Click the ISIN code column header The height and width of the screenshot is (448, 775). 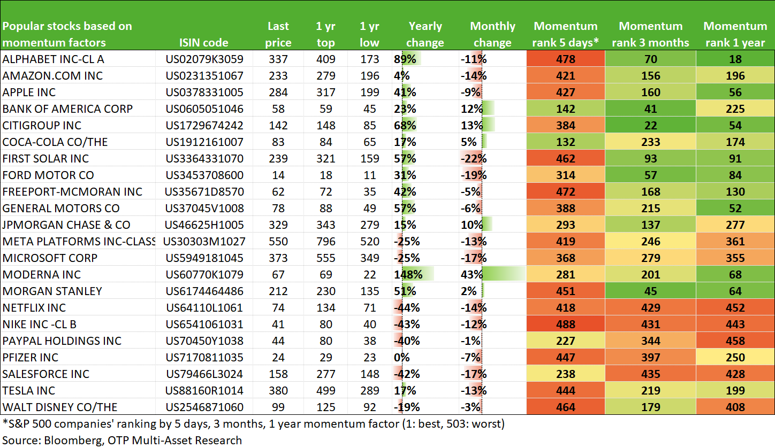(203, 43)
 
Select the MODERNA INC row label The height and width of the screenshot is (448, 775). (42, 274)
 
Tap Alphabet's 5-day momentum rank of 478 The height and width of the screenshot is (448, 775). (566, 59)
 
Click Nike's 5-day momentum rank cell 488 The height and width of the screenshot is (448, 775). (566, 325)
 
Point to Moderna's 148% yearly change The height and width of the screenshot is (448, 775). (408, 274)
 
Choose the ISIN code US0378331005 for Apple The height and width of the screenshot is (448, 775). (204, 92)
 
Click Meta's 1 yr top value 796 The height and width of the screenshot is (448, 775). (325, 241)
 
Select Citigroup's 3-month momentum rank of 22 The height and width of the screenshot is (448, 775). (650, 126)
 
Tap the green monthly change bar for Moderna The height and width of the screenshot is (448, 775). (504, 274)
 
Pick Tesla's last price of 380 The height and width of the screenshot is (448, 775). (278, 391)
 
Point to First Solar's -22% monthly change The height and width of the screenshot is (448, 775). (474, 159)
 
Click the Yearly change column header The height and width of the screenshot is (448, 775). (425, 34)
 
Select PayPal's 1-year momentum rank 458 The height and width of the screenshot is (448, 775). (735, 341)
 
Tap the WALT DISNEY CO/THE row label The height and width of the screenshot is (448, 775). (60, 407)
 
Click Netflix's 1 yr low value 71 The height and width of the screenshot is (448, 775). (369, 307)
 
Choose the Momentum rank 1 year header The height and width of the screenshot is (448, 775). (735, 34)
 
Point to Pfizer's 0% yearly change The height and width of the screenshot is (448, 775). (402, 358)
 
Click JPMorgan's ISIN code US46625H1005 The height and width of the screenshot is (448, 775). (204, 225)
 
